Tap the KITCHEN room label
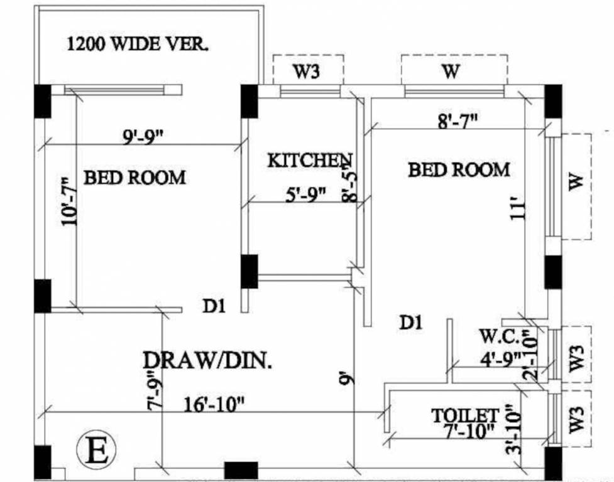pyautogui.click(x=310, y=160)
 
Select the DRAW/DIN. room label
pyautogui.click(x=207, y=360)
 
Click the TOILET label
pyautogui.click(x=465, y=415)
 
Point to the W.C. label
pyautogui.click(x=500, y=337)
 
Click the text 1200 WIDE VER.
pyautogui.click(x=138, y=45)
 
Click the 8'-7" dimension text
pyautogui.click(x=458, y=120)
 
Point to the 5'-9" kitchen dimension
pyautogui.click(x=306, y=195)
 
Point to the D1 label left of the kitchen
pyautogui.click(x=214, y=306)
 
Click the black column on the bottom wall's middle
pyautogui.click(x=241, y=470)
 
